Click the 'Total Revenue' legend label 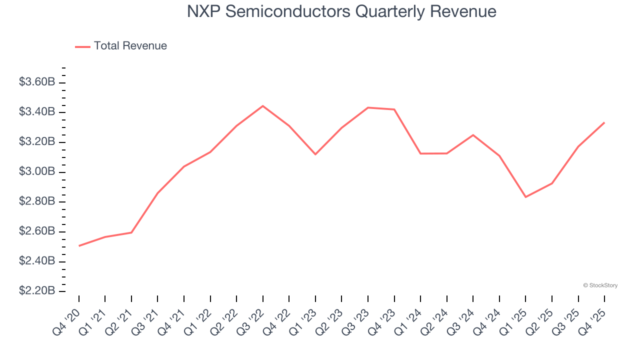pos(130,46)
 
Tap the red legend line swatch pos(82,46)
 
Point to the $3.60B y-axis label pos(37,82)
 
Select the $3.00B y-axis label pos(37,171)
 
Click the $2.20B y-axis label pos(37,291)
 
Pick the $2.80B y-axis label pos(37,201)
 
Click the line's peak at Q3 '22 pos(263,106)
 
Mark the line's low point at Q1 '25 pos(525,197)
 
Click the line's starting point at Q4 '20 pos(79,246)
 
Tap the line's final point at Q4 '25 pos(604,122)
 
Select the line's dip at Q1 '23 pos(315,154)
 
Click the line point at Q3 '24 pos(473,135)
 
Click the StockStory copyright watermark pos(600,285)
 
